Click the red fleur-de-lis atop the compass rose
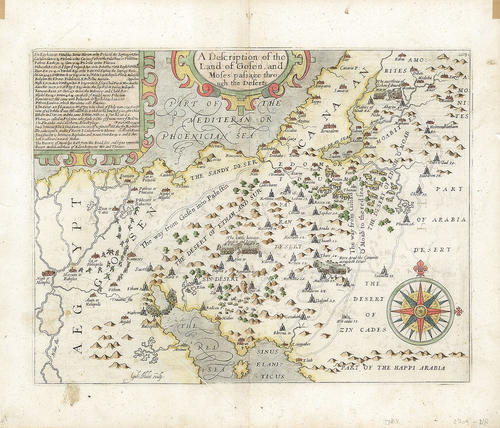(419, 270)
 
